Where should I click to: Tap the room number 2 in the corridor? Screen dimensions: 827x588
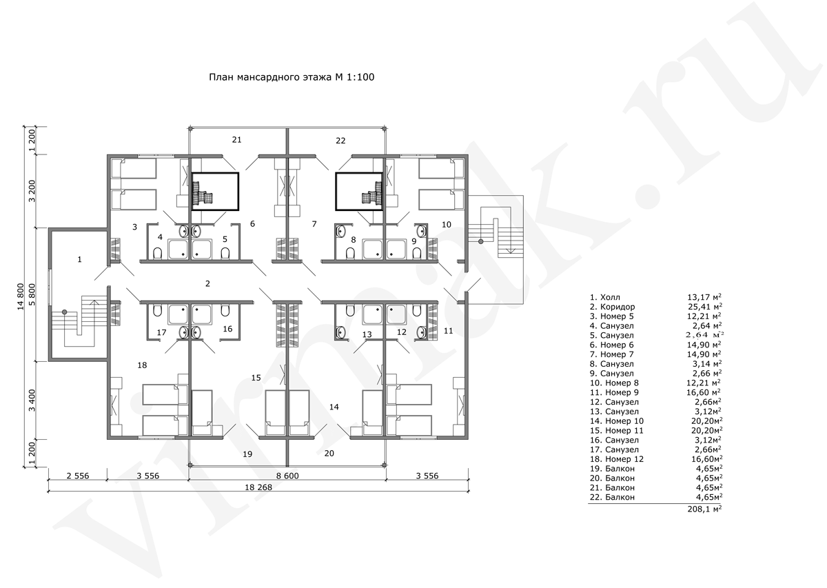(x=208, y=283)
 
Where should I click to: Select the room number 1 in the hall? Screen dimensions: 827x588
(x=79, y=260)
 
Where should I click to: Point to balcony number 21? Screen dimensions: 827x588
(x=236, y=140)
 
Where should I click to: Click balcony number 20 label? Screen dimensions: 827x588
(x=329, y=453)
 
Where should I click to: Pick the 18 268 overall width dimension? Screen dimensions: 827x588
(x=258, y=487)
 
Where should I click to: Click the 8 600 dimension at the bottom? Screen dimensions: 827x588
(x=287, y=476)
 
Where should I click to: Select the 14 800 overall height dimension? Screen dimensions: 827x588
(x=21, y=296)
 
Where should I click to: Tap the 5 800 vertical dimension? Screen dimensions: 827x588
(x=32, y=294)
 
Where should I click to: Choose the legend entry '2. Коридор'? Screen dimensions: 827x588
(x=612, y=307)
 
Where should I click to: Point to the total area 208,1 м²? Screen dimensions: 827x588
(x=704, y=509)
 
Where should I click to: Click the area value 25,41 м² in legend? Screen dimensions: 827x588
(x=704, y=307)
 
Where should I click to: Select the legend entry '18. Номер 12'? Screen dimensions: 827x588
(x=617, y=459)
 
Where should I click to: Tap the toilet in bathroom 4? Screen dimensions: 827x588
(x=158, y=253)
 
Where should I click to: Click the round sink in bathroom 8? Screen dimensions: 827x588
(x=340, y=232)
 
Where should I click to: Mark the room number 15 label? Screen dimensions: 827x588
(x=256, y=378)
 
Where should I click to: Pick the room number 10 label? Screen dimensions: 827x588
(x=447, y=224)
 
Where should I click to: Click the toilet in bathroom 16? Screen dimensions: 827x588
(x=225, y=311)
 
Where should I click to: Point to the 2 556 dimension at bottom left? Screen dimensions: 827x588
(x=78, y=476)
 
